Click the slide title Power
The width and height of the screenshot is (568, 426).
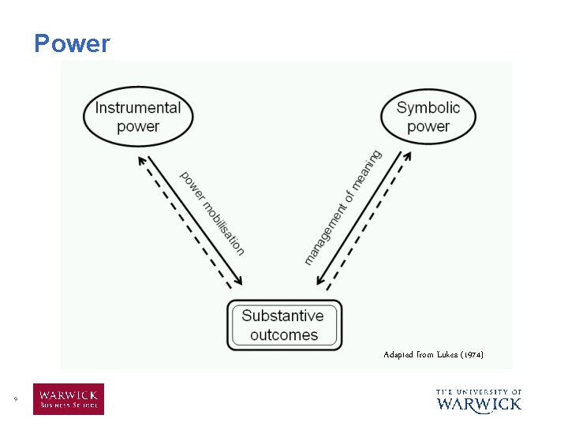coord(72,43)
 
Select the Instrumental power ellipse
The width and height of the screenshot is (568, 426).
coord(138,117)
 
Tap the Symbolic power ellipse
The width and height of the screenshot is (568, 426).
coord(428,117)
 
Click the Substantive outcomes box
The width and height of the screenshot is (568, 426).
coord(284,325)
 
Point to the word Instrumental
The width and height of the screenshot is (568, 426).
coord(138,108)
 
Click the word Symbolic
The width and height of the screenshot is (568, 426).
coord(428,108)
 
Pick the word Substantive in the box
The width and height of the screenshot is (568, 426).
coord(282,316)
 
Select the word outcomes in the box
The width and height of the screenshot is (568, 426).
coord(284,334)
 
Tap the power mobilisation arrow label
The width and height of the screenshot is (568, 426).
coord(212,213)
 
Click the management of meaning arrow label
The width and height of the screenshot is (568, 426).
coord(342,207)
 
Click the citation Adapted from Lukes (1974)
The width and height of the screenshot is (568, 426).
coord(433,355)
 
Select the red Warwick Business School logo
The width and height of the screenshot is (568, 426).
coord(68,399)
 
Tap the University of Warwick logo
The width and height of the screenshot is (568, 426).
coord(479,400)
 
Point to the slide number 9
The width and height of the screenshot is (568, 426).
coord(15,400)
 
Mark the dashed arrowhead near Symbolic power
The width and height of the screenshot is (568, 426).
coord(408,157)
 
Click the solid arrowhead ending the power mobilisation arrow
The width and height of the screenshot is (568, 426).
coord(239,282)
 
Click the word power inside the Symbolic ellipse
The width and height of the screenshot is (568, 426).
coord(428,126)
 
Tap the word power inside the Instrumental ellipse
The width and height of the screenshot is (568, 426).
coord(138,126)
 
